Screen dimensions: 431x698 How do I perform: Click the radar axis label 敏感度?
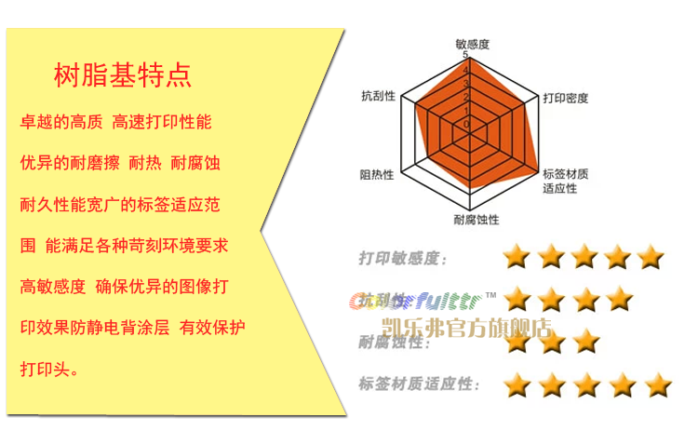point(472,44)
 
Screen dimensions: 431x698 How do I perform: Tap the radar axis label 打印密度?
point(566,98)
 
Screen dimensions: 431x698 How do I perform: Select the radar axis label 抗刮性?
point(378,96)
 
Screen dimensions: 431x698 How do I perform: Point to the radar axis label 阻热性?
point(376,174)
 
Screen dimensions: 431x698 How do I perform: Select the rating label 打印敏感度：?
point(403,259)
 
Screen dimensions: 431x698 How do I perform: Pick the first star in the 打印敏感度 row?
point(517,256)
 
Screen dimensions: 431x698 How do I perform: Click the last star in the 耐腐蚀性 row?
point(584,342)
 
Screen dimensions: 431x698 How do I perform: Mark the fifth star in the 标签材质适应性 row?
point(657,384)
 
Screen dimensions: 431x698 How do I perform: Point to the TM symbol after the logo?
point(491,295)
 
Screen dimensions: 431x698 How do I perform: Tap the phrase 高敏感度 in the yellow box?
point(52,287)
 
